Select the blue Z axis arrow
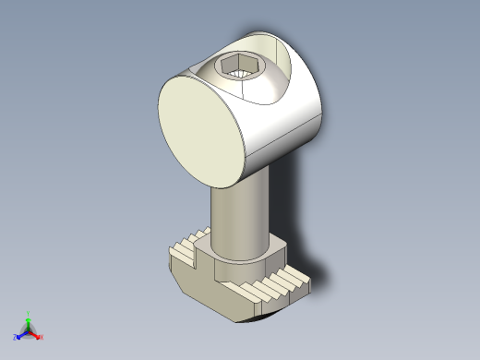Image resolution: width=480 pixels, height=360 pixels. tap(19, 335)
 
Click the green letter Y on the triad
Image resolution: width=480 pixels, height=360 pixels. tap(28, 313)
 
